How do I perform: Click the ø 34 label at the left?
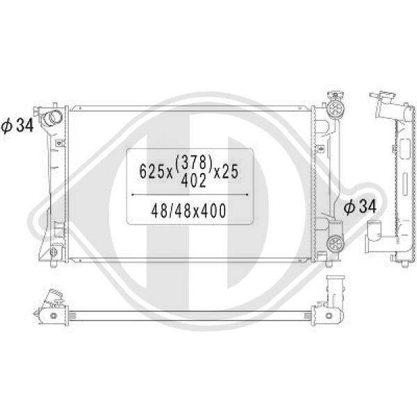(17, 125)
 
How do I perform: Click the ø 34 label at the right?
(360, 206)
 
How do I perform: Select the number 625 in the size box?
(152, 171)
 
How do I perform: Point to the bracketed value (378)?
(194, 162)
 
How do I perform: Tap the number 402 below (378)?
(193, 180)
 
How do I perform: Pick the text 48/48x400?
(188, 211)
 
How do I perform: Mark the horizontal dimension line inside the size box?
(190, 195)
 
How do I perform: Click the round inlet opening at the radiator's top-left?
(53, 117)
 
